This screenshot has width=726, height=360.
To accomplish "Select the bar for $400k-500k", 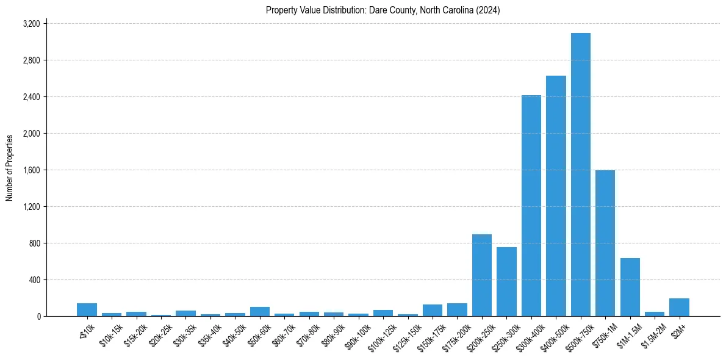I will click(556, 196).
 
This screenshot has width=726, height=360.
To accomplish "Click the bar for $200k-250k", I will click(482, 275).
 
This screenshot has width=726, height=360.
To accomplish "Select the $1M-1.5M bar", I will click(630, 287).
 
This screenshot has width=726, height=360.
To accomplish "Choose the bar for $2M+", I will click(679, 307).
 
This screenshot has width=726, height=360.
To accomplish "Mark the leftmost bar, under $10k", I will click(87, 309).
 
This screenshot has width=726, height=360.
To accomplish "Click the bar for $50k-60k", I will click(259, 311).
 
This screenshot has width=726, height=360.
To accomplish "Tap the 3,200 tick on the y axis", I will click(31, 24).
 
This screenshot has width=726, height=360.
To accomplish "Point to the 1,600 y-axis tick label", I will click(31, 170).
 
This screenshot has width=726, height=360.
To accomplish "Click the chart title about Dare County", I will click(383, 10).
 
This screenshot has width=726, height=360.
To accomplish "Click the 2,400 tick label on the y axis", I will click(31, 97).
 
